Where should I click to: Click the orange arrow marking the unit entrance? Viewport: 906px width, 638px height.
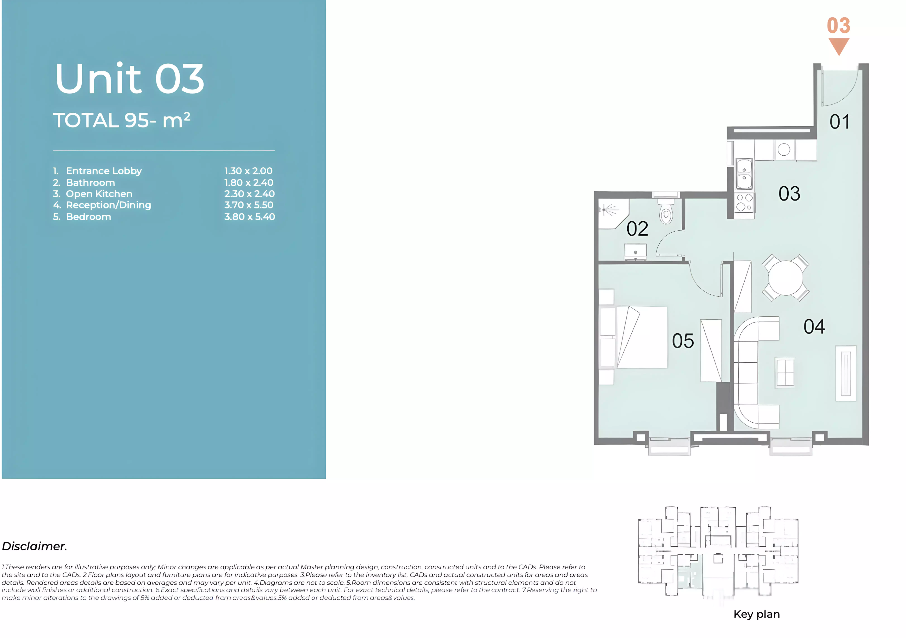(x=839, y=46)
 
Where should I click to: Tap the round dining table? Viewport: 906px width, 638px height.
(x=785, y=278)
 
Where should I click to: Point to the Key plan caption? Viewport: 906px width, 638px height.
(x=756, y=614)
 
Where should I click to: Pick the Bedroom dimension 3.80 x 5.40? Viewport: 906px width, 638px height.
(x=249, y=217)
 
